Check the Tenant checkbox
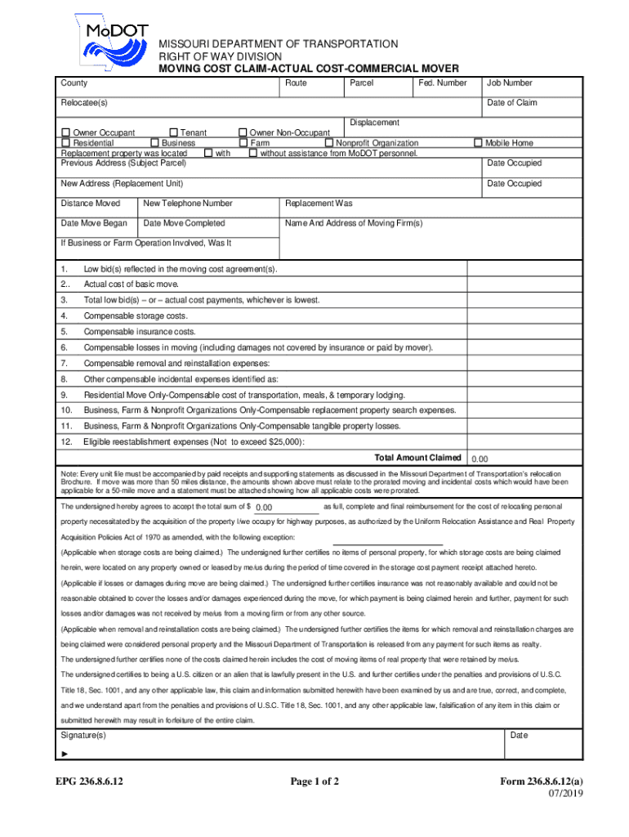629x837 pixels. (173, 132)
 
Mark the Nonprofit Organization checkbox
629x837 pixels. (329, 143)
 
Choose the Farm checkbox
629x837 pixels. (243, 143)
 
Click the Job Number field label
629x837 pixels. (510, 83)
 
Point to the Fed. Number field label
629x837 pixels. (441, 83)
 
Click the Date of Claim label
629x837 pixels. (512, 103)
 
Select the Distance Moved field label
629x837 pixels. (91, 204)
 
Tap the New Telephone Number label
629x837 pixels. (187, 204)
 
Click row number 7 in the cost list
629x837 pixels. (64, 364)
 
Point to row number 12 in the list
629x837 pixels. (66, 442)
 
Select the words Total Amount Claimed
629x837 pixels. (417, 458)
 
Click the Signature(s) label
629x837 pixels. (84, 736)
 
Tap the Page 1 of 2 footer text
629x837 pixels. (314, 781)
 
